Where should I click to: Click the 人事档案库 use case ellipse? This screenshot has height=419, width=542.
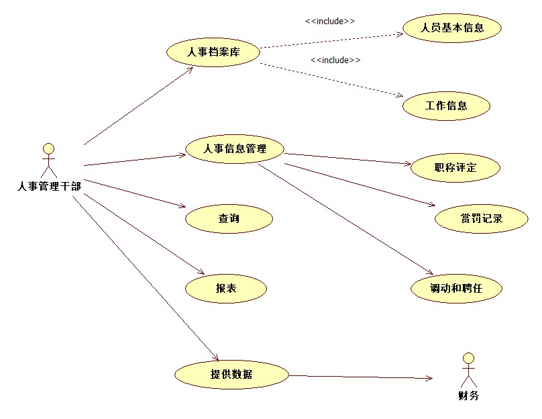coord(213,52)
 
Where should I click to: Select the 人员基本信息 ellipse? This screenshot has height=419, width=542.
coord(452,28)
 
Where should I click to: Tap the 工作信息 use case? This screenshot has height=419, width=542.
coord(446,105)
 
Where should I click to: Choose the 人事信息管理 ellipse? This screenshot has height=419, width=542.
coord(234,149)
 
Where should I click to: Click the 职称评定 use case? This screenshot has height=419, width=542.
coord(455,167)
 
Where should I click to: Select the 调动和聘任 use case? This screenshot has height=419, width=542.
coord(456,289)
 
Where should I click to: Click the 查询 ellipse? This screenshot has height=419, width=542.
coord(229,218)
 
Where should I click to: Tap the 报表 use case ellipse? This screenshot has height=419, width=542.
coord(226,289)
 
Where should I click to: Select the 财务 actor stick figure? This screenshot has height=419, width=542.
coord(469,369)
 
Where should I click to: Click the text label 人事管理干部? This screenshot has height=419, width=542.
coord(49,186)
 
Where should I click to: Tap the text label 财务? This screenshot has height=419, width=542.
coord(469,395)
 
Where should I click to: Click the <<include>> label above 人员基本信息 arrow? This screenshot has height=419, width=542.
coord(330,21)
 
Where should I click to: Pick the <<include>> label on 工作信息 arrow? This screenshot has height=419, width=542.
coord(335,60)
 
